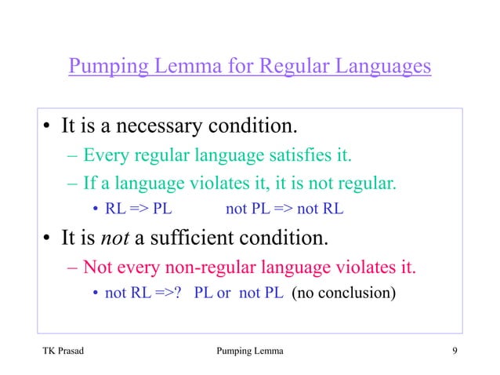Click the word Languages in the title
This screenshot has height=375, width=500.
[x=383, y=66]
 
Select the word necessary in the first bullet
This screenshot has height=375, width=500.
[x=144, y=125]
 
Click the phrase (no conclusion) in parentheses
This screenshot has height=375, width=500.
[x=344, y=295]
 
